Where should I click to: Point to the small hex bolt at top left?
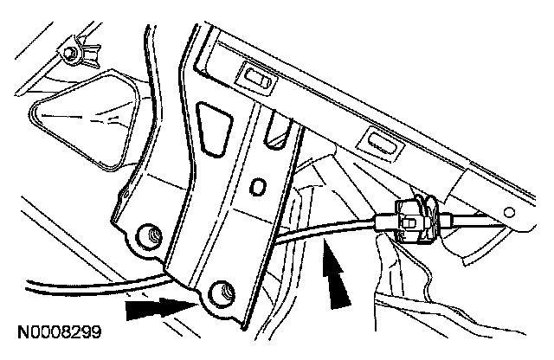(68, 55)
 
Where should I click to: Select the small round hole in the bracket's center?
(256, 186)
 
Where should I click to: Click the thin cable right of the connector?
(485, 222)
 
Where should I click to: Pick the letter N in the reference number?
(18, 331)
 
